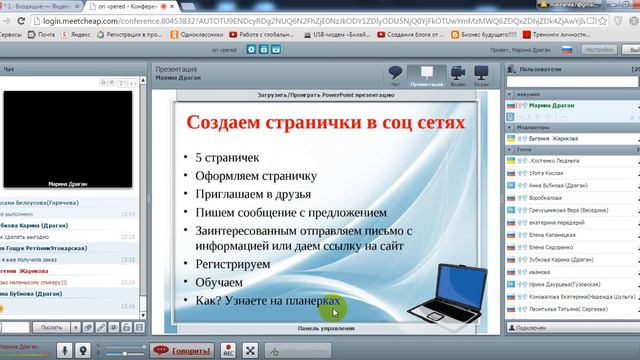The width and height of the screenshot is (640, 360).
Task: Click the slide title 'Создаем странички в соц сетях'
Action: (327, 122)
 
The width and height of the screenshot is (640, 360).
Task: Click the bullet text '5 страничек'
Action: (227, 157)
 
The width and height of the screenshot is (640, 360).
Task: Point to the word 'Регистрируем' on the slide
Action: (235, 265)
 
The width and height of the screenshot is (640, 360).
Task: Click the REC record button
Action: (228, 351)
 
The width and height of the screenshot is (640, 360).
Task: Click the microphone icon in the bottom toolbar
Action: (62, 351)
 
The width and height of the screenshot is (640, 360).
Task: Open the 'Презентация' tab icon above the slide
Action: (427, 76)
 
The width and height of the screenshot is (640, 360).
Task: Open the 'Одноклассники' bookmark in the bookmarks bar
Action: (194, 33)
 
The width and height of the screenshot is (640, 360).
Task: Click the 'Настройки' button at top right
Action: (598, 49)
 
